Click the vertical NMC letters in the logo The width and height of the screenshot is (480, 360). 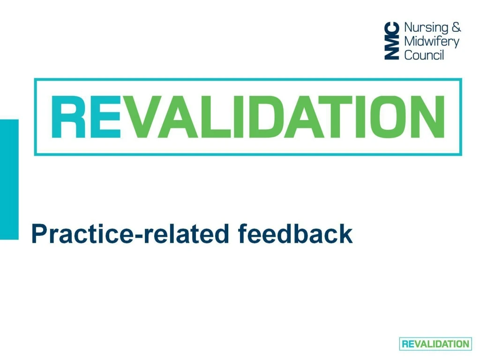392,41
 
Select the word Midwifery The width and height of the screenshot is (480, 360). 431,41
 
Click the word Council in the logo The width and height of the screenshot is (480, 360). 424,55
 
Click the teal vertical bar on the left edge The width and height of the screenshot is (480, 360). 9,179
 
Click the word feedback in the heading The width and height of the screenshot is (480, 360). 295,233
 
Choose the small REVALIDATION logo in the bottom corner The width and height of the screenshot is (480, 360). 435,344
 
